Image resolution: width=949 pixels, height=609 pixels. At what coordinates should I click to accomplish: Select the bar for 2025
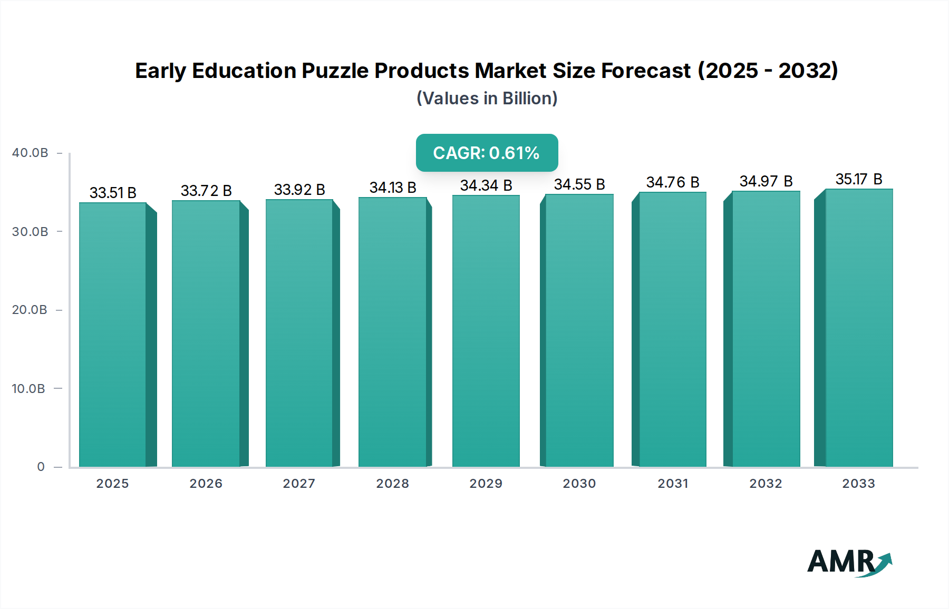[112, 335]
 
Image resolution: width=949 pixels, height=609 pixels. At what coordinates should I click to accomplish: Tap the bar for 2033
[858, 328]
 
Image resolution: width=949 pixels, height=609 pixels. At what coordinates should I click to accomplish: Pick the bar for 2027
[299, 333]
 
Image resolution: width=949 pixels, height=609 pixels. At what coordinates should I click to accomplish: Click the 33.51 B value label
[113, 193]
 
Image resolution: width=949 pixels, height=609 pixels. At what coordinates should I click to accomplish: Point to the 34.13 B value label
[393, 188]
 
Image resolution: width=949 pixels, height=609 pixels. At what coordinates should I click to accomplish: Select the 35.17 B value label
[858, 179]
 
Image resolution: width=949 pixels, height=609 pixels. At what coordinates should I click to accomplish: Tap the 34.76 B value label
[673, 182]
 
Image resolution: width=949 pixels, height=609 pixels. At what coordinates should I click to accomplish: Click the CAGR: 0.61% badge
[487, 153]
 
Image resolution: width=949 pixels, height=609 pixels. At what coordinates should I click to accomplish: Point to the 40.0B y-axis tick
[30, 153]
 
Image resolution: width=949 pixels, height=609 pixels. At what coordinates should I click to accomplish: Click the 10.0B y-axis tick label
[28, 389]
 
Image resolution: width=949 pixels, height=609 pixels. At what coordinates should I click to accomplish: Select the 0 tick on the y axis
[41, 467]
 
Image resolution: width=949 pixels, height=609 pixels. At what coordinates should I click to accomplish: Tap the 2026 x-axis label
[206, 484]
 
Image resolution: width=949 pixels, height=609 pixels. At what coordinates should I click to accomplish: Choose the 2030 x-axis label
[579, 484]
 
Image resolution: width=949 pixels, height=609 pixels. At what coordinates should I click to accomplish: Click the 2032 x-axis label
[766, 484]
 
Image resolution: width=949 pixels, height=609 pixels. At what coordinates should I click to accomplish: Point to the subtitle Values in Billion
[487, 99]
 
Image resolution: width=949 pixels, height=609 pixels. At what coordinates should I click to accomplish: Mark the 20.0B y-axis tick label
[30, 310]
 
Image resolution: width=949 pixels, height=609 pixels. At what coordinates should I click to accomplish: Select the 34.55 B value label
[579, 184]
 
